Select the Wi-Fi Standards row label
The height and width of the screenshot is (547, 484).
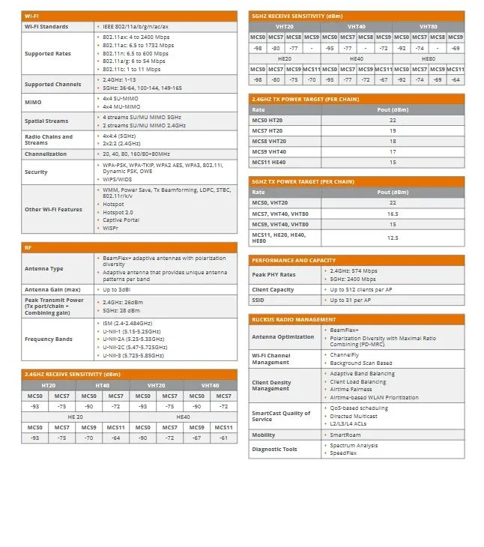click(x=46, y=26)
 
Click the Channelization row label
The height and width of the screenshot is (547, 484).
click(x=46, y=154)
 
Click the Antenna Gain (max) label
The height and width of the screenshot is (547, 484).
click(x=52, y=289)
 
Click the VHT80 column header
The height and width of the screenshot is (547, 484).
click(x=429, y=26)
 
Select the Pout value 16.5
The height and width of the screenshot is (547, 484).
click(x=393, y=214)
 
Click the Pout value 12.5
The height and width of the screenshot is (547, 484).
click(x=393, y=238)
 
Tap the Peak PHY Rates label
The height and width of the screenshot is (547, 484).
click(x=273, y=274)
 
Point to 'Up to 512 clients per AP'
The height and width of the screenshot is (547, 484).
click(x=361, y=289)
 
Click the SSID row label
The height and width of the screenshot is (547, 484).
click(x=258, y=300)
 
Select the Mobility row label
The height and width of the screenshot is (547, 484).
click(x=264, y=435)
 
